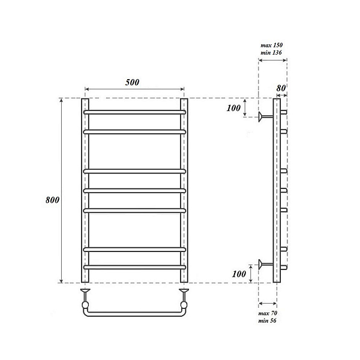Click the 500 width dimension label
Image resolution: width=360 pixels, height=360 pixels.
(x=132, y=82)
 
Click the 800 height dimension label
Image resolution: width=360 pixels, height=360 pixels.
(x=53, y=200)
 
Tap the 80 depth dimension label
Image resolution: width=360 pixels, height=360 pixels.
(x=281, y=88)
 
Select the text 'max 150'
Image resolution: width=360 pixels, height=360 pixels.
(x=271, y=45)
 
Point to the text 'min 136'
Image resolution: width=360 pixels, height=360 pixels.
(x=271, y=53)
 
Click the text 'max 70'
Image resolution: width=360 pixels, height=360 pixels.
(x=268, y=313)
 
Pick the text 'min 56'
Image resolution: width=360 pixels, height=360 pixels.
(x=267, y=320)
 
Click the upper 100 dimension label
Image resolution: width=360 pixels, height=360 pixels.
(x=234, y=108)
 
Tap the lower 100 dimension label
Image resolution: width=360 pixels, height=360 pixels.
(x=239, y=274)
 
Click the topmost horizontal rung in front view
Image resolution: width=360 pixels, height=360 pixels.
(x=134, y=112)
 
